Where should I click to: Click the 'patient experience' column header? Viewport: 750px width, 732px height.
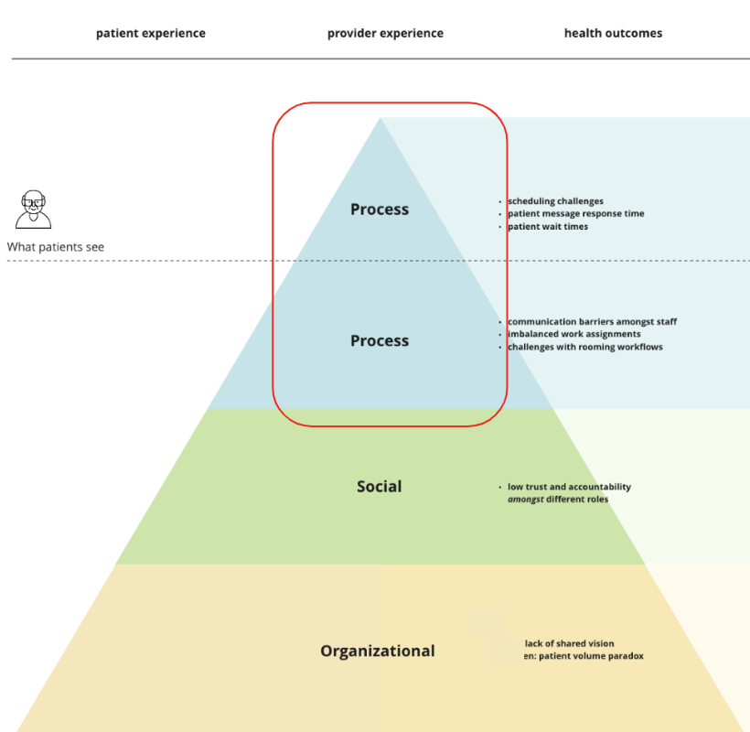click(x=151, y=33)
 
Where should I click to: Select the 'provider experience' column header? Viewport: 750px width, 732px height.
click(x=385, y=33)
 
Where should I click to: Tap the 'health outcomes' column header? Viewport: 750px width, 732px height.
click(x=613, y=33)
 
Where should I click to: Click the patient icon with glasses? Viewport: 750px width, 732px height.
click(x=34, y=210)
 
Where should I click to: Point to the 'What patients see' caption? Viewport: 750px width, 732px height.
click(x=56, y=247)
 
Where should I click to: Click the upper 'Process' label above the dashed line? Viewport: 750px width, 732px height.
click(x=380, y=210)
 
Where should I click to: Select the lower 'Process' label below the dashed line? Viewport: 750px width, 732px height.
click(x=380, y=340)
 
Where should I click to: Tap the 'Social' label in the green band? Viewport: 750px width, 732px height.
click(x=379, y=487)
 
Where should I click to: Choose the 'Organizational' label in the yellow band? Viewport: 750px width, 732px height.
click(x=377, y=651)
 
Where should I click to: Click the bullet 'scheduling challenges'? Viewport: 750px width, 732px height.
click(x=555, y=201)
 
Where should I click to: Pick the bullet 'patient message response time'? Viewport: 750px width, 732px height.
click(x=575, y=213)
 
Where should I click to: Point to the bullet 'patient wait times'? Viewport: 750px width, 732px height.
click(x=548, y=226)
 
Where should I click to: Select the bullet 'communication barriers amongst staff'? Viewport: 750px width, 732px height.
click(x=592, y=322)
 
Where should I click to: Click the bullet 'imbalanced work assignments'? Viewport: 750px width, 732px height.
click(x=573, y=334)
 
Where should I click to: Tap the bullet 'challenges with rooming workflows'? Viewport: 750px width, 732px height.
click(x=584, y=347)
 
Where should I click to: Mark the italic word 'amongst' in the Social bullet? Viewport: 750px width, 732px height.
click(x=525, y=499)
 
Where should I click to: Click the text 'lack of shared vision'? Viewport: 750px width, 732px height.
click(x=569, y=643)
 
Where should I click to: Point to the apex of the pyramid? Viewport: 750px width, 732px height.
click(x=380, y=119)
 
